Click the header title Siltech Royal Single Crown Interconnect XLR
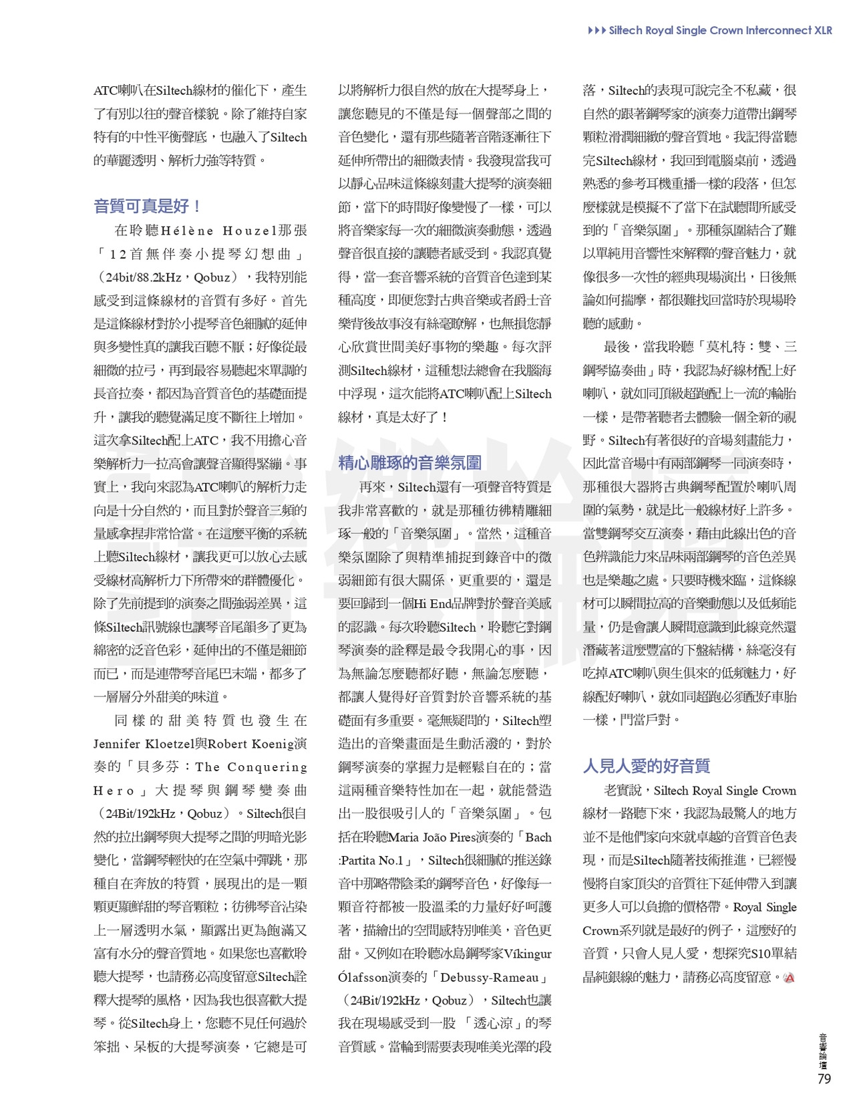click(x=720, y=30)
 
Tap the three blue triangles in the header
click(x=596, y=30)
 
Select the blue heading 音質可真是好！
click(x=148, y=206)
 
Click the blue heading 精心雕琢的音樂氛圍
click(x=409, y=462)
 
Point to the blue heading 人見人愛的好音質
click(x=646, y=766)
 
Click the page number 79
click(x=824, y=1079)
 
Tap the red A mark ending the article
click(x=790, y=978)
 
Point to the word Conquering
click(x=267, y=767)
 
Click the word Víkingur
click(x=528, y=954)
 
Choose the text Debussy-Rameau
click(x=490, y=977)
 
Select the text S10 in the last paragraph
click(x=761, y=954)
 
